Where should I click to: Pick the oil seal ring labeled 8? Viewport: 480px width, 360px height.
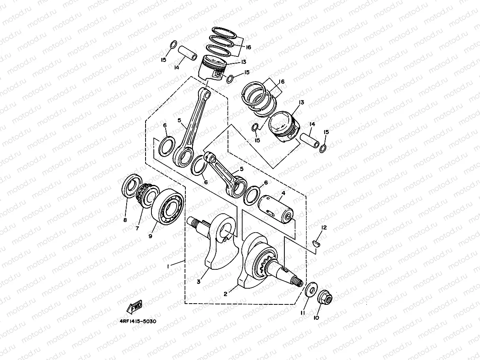132,186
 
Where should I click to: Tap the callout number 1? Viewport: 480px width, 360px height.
168,267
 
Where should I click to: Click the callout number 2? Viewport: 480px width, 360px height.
226,294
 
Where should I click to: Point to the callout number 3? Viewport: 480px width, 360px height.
199,281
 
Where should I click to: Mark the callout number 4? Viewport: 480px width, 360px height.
282,194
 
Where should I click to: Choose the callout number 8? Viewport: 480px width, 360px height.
125,220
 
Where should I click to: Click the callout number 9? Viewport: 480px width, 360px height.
150,236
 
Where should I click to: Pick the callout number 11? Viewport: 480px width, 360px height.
303,313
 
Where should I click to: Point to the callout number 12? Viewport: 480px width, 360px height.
324,228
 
